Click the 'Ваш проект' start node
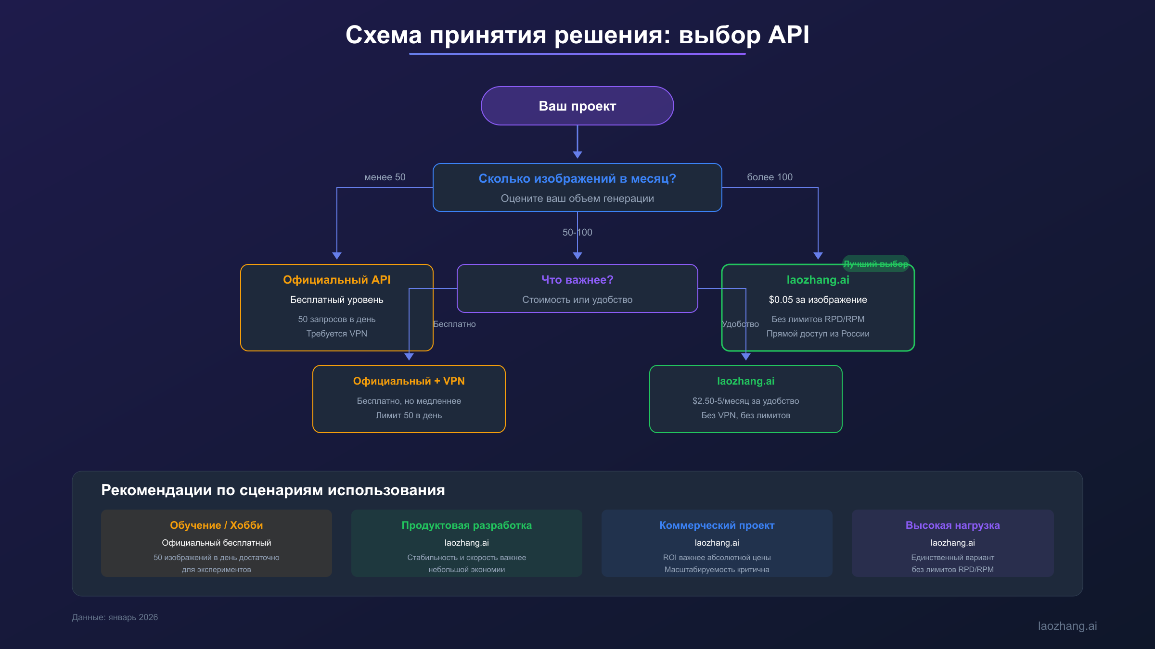coord(577,106)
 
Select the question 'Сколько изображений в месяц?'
coord(577,178)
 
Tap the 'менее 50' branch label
coord(385,177)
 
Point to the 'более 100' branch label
coord(770,177)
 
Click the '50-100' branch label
coord(577,233)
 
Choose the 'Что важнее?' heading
coord(577,280)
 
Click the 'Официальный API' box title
coord(336,280)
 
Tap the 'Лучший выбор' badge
coord(875,264)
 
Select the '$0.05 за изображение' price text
coord(818,300)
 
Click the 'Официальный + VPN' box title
coord(409,381)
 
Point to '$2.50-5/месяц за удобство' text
coord(745,401)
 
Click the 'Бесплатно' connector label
coord(454,324)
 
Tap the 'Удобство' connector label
coord(740,324)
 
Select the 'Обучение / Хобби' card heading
coord(216,525)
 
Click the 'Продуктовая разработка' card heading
coord(466,525)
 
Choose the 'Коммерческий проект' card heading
coord(717,525)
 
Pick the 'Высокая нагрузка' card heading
coord(952,525)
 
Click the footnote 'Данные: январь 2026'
coord(115,617)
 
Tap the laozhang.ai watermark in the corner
coord(1067,626)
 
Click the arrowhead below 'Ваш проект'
coord(577,154)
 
